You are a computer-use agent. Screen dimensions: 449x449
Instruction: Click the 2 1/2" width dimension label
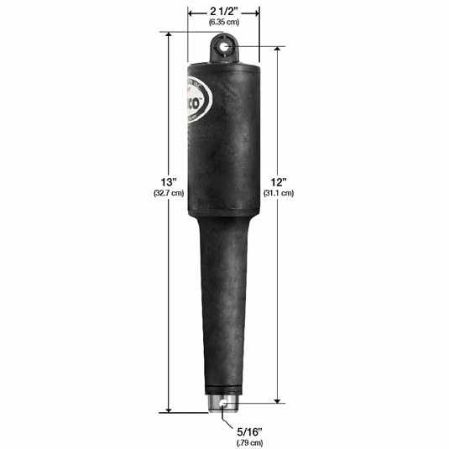[x=222, y=13]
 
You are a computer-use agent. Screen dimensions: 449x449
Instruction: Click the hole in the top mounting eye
[x=223, y=50]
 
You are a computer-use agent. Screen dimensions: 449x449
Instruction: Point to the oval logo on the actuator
[x=196, y=102]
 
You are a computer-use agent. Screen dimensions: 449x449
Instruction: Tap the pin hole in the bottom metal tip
[x=223, y=404]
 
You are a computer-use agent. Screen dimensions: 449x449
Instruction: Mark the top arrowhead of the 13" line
[x=170, y=36]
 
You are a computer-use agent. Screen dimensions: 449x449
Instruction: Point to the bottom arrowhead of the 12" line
[x=278, y=400]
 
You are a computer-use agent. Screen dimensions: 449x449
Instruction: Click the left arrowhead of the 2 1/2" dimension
[x=189, y=13]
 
